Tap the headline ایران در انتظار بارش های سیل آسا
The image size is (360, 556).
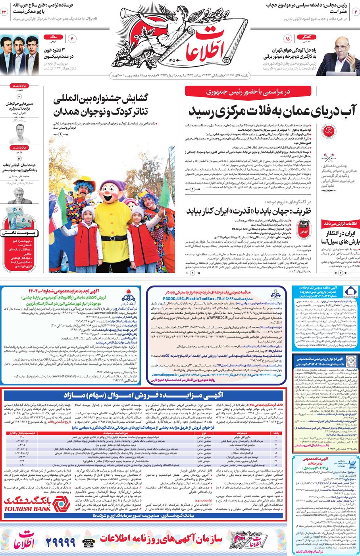pyautogui.click(x=335, y=237)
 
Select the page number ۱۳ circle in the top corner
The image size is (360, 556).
pyautogui.click(x=5, y=12)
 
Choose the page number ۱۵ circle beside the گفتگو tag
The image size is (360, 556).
pyautogui.click(x=287, y=39)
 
